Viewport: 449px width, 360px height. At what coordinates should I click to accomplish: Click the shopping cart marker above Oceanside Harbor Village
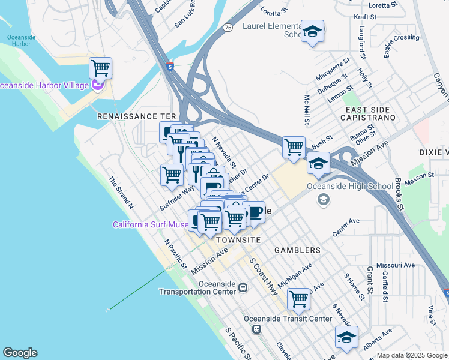100,68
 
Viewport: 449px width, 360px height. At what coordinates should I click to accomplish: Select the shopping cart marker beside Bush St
294,147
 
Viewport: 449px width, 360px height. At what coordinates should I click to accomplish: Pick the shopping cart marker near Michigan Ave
298,298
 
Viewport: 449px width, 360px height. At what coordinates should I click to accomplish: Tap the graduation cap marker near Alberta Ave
346,337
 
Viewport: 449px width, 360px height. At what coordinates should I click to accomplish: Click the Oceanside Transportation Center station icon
243,287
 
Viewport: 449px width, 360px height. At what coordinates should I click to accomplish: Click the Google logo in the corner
20,353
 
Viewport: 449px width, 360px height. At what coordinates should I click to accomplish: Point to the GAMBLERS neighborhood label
297,250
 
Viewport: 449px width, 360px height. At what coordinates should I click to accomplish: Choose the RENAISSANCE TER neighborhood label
136,115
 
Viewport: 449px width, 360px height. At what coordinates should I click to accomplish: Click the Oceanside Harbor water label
22,41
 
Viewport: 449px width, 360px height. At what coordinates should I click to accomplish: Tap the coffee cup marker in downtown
254,212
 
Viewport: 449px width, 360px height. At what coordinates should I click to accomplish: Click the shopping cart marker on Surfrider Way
172,175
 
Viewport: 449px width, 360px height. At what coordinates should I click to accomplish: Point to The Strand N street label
121,192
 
